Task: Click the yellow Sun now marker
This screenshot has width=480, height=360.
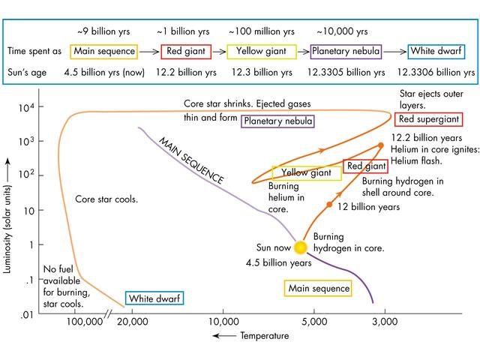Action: pos(300,247)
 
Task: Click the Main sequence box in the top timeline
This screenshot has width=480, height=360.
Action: pos(104,52)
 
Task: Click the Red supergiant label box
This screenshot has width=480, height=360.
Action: pos(428,119)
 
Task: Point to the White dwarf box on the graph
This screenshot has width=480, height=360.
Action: pos(154,298)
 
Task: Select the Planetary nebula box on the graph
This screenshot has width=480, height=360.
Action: pos(277,121)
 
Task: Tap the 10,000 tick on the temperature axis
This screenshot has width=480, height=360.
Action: pos(223,322)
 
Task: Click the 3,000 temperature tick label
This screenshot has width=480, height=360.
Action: pos(385,322)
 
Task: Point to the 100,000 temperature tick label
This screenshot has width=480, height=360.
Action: pos(85,322)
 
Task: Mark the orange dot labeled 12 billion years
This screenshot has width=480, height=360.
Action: pos(328,204)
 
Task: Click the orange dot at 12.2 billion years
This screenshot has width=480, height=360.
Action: pos(381,145)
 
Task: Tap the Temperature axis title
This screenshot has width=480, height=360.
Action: pos(264,336)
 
